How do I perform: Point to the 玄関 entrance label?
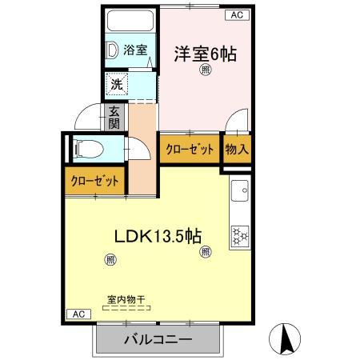coord(114,118)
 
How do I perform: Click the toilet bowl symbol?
coord(85,147)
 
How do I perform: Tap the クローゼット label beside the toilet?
coord(94,182)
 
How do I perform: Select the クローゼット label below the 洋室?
coord(190,149)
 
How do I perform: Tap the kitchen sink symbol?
coord(241,192)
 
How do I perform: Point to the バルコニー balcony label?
coord(158,340)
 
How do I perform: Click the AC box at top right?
coord(238,14)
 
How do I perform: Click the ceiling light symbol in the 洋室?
coord(206,71)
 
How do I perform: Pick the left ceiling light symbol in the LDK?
coord(110,258)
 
